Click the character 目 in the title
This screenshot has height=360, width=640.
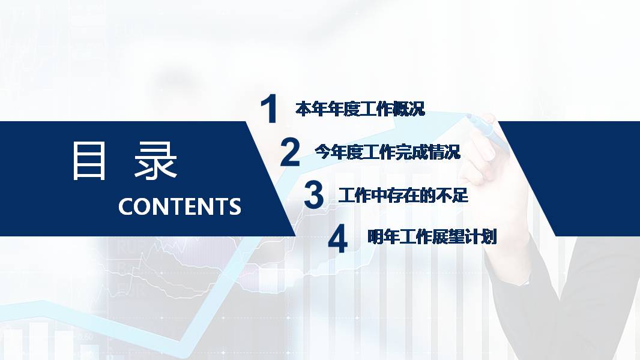coord(89,161)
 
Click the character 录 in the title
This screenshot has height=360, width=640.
coord(156,161)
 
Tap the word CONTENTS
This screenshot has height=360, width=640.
coord(180,206)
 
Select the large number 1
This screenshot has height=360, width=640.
coord(270,109)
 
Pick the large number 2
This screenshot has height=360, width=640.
coord(290,152)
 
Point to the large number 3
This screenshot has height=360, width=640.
coord(313,196)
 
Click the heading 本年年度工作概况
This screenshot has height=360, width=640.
coord(360,109)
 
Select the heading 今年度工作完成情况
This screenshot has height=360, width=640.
coord(388,152)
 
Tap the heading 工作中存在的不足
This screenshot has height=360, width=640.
coord(403,196)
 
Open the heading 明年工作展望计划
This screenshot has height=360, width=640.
coord(432,238)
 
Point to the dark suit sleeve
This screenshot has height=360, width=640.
coord(576,300)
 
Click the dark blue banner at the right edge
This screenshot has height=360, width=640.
coord(576,174)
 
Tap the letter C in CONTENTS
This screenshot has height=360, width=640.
coord(126,206)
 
